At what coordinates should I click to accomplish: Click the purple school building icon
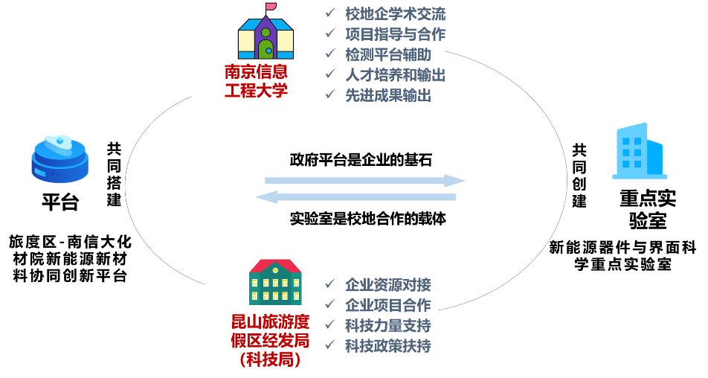tap(265, 36)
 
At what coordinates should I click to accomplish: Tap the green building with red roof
tap(275, 283)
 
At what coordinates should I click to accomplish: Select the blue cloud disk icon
tap(59, 159)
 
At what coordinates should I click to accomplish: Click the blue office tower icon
tap(639, 152)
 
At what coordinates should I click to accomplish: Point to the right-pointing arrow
tap(364, 180)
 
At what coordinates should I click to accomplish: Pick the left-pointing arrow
tap(355, 197)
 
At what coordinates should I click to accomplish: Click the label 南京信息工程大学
tap(256, 81)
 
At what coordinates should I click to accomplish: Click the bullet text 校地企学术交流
tap(395, 14)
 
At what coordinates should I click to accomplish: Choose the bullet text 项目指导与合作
tap(395, 34)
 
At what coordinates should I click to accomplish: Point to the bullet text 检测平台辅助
tap(387, 54)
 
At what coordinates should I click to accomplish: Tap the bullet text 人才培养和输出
tap(395, 74)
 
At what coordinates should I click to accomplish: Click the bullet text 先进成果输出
tap(387, 94)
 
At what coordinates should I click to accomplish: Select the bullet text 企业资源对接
tap(387, 285)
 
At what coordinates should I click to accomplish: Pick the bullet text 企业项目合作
tap(387, 305)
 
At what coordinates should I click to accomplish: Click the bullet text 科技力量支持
tap(387, 325)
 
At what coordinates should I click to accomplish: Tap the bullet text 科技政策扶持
tap(387, 345)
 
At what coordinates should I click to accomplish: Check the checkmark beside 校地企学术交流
tap(330, 13)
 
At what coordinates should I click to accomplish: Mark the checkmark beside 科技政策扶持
tap(330, 345)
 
